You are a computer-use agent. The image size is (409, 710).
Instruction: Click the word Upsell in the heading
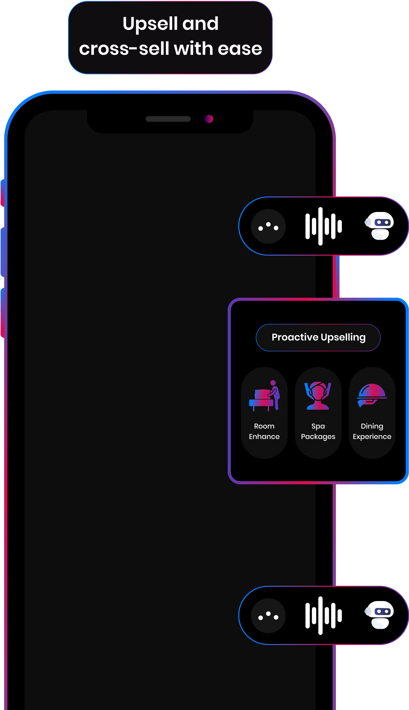click(x=150, y=24)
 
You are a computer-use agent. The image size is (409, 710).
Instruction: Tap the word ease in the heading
click(x=240, y=49)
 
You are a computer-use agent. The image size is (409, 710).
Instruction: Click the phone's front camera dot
click(x=209, y=119)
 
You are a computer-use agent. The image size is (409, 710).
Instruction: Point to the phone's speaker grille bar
click(x=168, y=119)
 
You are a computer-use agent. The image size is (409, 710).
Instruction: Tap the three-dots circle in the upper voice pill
click(x=268, y=226)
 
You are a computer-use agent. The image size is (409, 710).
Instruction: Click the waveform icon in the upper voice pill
click(x=323, y=226)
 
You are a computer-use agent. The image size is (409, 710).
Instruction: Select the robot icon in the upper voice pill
click(x=380, y=226)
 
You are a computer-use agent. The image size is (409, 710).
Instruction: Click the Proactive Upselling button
click(x=318, y=338)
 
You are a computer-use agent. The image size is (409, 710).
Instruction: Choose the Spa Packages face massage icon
click(x=318, y=396)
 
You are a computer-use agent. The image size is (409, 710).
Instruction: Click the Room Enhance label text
click(x=264, y=431)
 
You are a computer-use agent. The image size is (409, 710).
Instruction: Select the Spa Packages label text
click(x=318, y=431)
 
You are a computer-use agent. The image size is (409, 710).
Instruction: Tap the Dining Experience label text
click(x=372, y=431)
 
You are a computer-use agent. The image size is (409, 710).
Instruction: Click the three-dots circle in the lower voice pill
click(x=268, y=616)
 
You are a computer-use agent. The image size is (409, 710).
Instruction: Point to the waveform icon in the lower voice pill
click(x=323, y=616)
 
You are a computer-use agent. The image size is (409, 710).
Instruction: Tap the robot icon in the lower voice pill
click(x=380, y=615)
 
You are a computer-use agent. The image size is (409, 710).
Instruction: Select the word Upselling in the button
click(x=343, y=338)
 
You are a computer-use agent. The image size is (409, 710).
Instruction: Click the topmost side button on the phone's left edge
click(x=3, y=193)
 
